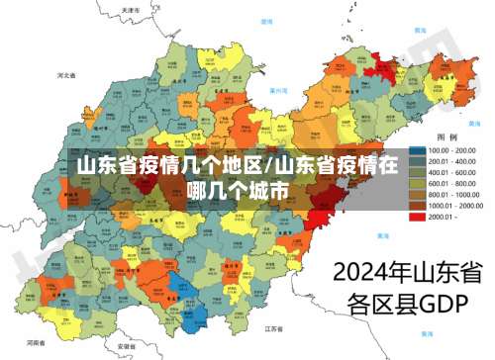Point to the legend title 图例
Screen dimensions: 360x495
[446, 136]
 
